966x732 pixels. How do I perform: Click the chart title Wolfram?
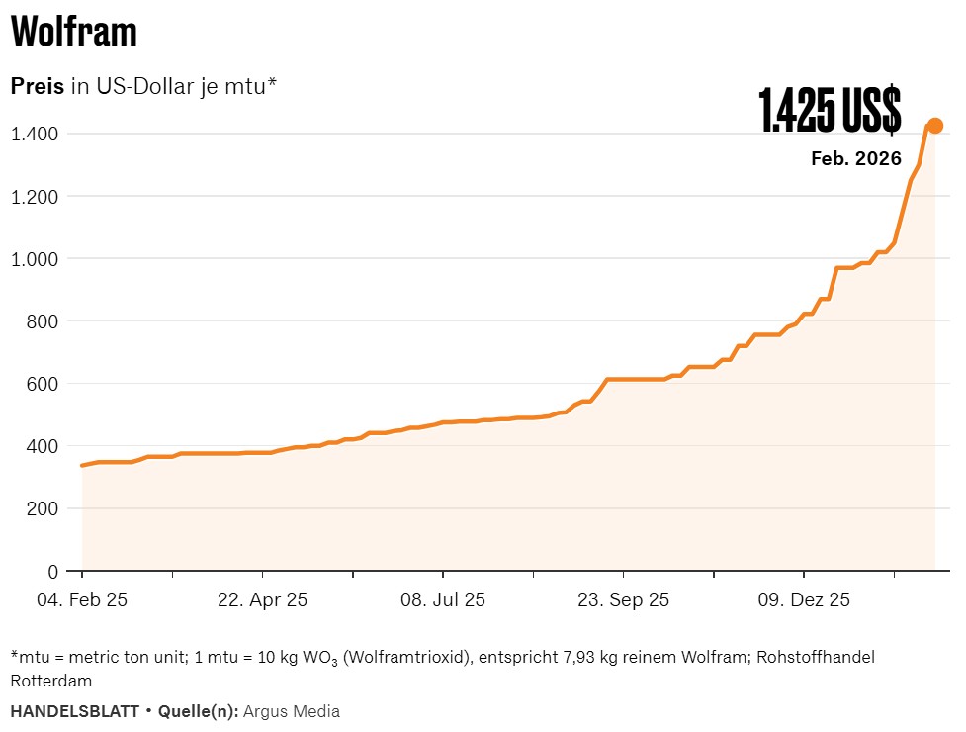(x=74, y=33)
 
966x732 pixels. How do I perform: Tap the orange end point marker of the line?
(x=934, y=126)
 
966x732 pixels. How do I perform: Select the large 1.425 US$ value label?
(x=830, y=110)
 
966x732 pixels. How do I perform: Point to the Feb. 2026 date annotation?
(x=855, y=158)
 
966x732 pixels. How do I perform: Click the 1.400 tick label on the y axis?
(x=36, y=134)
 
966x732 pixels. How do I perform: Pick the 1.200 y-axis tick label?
(x=36, y=196)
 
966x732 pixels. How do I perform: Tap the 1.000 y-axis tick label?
(x=36, y=258)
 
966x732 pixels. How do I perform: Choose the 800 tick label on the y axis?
(x=44, y=321)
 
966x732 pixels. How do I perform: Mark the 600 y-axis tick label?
(x=44, y=384)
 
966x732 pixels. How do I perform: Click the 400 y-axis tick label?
(x=44, y=446)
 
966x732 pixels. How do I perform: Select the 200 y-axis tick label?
(x=44, y=508)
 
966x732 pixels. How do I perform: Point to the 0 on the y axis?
(x=53, y=571)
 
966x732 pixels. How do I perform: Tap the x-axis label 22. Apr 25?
(x=262, y=599)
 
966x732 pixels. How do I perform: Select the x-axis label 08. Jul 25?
(x=442, y=599)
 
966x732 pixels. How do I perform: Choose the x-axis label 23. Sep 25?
(x=623, y=599)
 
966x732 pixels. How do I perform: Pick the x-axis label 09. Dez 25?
(x=804, y=599)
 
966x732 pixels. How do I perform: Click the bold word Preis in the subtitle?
(x=37, y=86)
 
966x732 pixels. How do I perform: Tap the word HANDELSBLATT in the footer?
(x=75, y=711)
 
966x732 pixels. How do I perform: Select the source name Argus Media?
(x=292, y=711)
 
